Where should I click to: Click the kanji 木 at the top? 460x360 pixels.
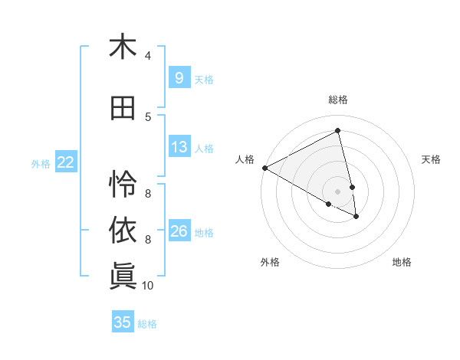point(123,47)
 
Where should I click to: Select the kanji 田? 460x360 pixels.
point(123,109)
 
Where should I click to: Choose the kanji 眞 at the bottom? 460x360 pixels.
point(123,277)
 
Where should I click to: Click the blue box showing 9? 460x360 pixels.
point(179,77)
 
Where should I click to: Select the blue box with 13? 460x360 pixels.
point(179,147)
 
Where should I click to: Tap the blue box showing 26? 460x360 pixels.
point(179,231)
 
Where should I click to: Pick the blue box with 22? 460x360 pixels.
point(65,162)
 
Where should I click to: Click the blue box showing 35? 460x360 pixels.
point(123,322)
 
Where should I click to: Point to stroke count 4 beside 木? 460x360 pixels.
point(148,55)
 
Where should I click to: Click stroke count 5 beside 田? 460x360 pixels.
point(148,117)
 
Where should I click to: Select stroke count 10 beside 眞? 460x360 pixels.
point(148,286)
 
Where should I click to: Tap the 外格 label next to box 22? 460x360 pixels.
point(41,163)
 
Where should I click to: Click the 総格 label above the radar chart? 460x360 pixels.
point(337,100)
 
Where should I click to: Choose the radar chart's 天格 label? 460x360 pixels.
point(432,159)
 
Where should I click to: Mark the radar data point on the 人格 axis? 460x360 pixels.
point(264,168)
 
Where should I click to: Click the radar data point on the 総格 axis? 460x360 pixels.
point(337,131)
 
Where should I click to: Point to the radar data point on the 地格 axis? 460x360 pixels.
point(356,217)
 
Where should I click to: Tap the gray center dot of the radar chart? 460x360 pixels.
point(337,190)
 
